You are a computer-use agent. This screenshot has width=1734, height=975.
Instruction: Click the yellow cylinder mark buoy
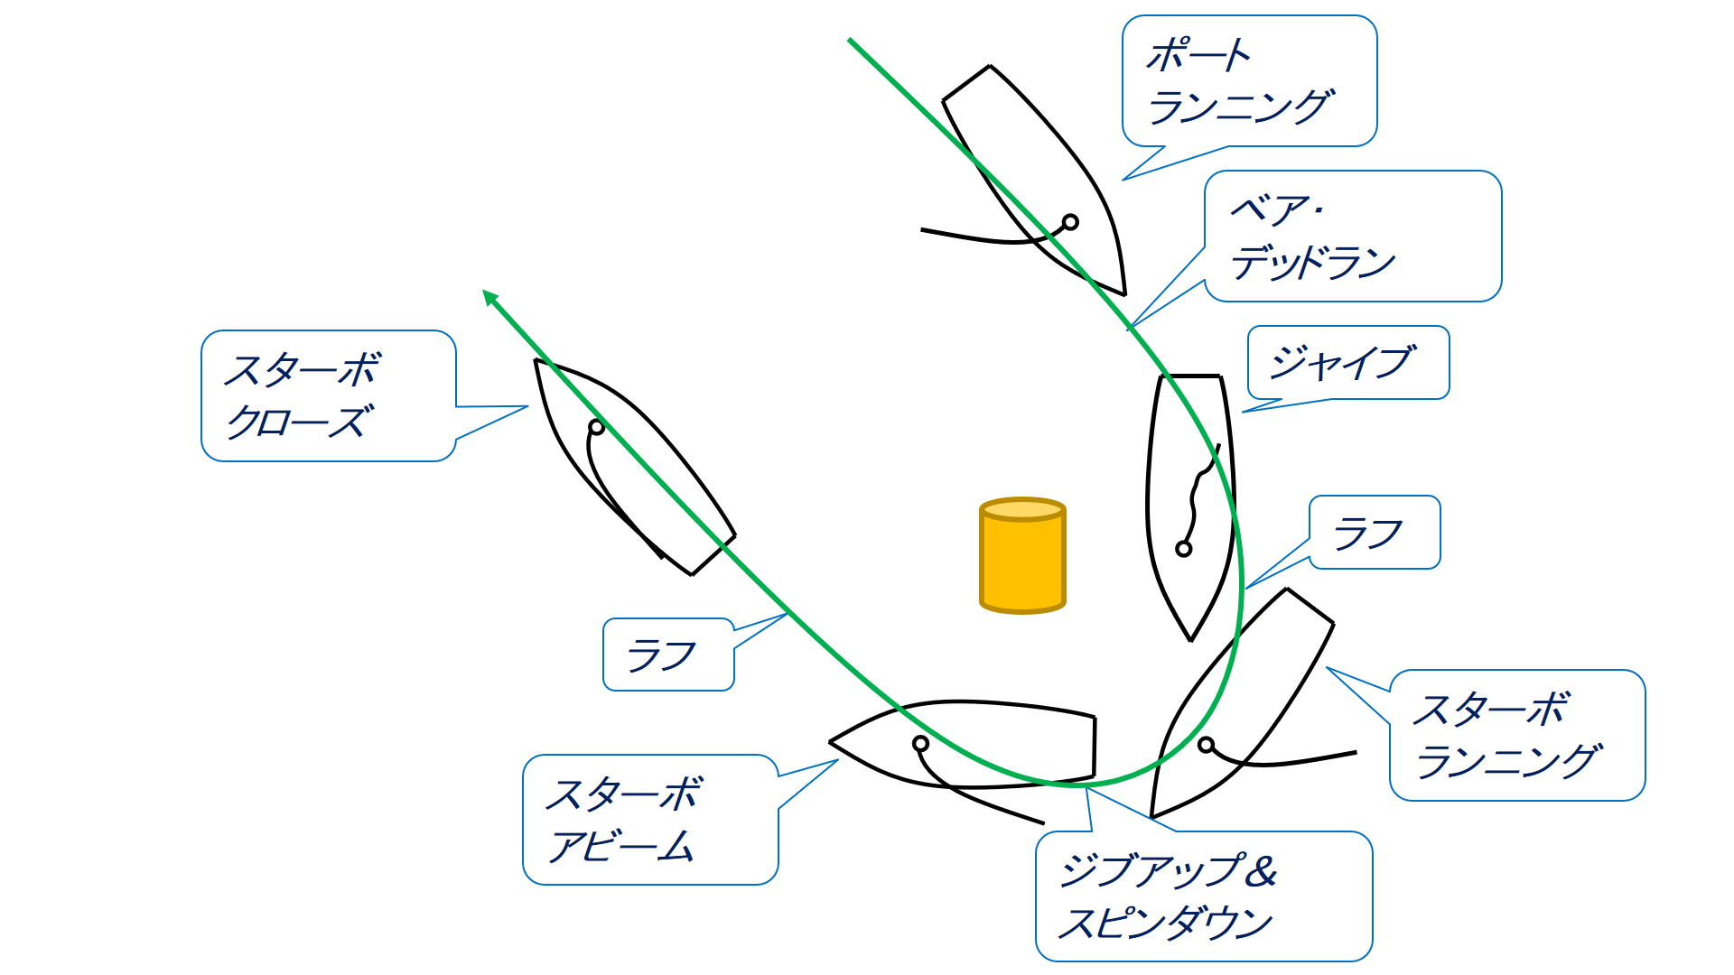point(1022,556)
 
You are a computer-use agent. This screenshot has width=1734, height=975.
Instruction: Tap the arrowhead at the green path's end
point(489,296)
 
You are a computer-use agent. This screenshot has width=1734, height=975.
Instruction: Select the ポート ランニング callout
point(1249,81)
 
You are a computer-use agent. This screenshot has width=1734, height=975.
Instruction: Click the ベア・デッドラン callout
point(1352,237)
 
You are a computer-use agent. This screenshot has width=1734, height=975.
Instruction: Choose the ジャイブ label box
point(1347,363)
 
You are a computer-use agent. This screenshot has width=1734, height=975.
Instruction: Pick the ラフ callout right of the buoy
point(1374,533)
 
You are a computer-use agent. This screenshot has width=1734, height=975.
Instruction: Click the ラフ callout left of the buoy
point(667,655)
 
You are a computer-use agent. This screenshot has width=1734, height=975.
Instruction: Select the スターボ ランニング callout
point(1516,735)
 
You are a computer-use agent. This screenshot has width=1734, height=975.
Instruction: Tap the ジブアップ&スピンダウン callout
point(1203,896)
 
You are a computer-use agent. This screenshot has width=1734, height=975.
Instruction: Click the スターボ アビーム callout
point(649,820)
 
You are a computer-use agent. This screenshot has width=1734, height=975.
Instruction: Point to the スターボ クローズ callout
point(328,395)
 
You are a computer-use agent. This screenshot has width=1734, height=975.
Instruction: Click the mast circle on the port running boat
point(1070,222)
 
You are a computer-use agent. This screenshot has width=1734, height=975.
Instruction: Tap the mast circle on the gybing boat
point(1183,548)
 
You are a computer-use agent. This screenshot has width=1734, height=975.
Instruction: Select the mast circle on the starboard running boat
point(1206,745)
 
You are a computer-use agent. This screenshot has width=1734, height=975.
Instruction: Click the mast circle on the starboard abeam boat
point(920,744)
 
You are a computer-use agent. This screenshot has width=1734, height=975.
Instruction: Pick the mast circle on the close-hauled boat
point(596,427)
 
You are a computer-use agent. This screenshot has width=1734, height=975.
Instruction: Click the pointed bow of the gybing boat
point(1191,638)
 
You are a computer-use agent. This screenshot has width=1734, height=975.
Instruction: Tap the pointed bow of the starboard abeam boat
point(832,742)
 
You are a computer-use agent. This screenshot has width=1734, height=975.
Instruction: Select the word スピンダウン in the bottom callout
point(1165,924)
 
